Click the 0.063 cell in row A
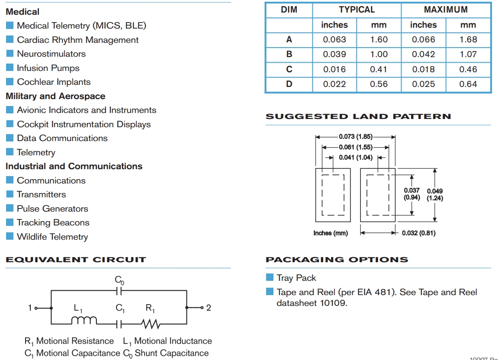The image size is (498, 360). click(334, 39)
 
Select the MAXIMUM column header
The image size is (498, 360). click(446, 10)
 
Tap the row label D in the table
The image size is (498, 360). click(289, 84)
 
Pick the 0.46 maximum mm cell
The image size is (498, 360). click(468, 69)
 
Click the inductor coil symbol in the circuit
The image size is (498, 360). click(84, 320)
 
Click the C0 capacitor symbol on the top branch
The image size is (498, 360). click(119, 291)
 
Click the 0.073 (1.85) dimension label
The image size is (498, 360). click(356, 137)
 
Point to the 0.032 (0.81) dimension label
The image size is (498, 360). click(418, 233)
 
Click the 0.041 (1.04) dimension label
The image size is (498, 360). click(356, 157)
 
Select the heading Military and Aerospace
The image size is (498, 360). click(55, 96)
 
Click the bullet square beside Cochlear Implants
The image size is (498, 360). click(10, 82)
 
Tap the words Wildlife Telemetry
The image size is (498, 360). click(52, 237)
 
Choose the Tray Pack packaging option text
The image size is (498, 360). click(296, 278)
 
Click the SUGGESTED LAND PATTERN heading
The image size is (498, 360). click(358, 116)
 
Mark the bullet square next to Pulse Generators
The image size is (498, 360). click(10, 209)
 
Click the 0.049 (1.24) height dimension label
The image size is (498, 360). click(435, 195)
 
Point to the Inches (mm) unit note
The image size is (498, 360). click(331, 233)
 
